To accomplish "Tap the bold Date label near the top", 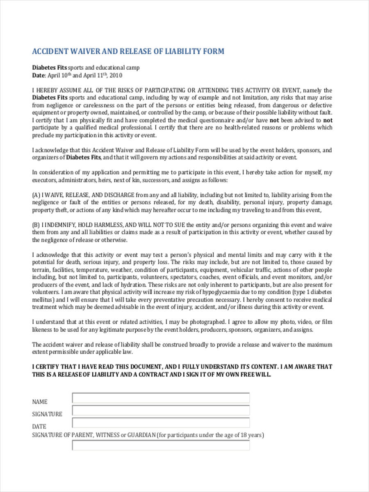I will (x=39, y=75).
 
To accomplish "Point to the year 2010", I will (x=116, y=75).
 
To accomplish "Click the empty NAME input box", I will (x=161, y=398).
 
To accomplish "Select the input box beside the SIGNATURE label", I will (x=161, y=410).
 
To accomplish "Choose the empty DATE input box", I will (x=161, y=423).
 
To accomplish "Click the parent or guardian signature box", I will (x=161, y=445).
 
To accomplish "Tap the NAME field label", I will (x=40, y=402).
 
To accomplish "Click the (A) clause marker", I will (x=36, y=195).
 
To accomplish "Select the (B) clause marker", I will (x=36, y=225).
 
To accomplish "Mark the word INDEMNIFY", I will (x=60, y=225).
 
